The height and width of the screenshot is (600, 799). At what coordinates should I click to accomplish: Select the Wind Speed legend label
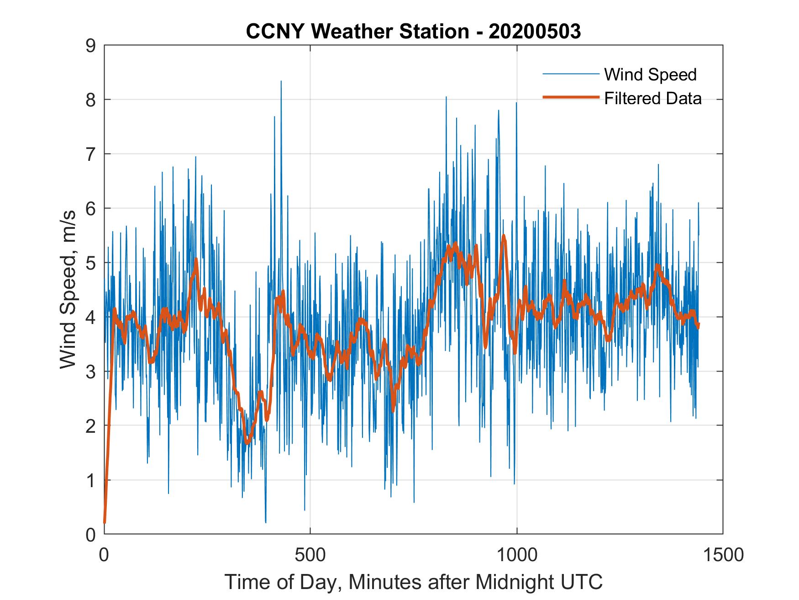point(650,74)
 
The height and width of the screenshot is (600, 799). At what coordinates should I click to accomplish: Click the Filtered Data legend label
point(652,98)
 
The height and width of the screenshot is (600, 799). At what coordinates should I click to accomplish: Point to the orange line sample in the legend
point(570,97)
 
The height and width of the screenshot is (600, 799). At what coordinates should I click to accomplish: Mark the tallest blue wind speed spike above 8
point(281,82)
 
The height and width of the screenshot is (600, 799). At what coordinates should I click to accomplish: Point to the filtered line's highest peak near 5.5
point(504,236)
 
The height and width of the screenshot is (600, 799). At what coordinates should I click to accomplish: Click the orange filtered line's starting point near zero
point(105,522)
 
